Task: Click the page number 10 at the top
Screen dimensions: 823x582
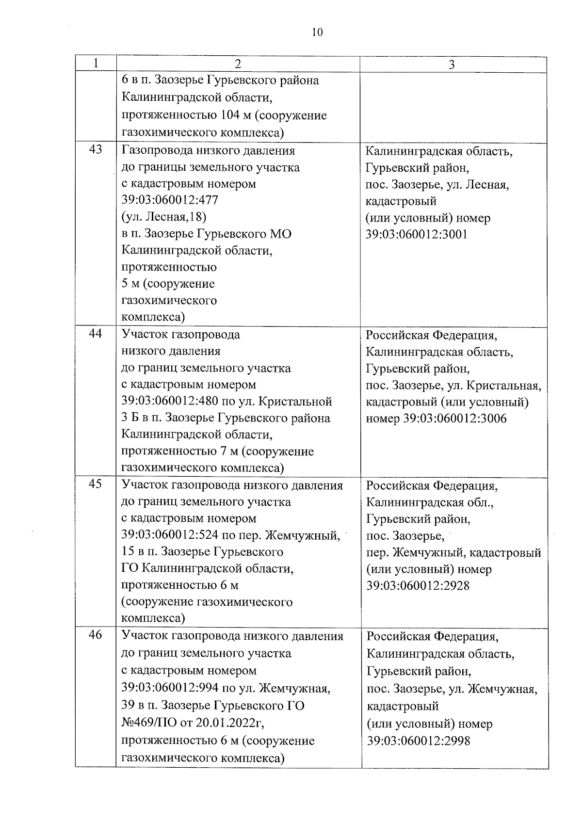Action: [316, 32]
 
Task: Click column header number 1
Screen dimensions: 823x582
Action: [96, 64]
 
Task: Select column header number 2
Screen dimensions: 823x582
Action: [238, 64]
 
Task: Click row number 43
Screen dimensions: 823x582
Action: [96, 149]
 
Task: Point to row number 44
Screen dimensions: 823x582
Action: [96, 334]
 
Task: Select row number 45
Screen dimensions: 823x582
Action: [96, 484]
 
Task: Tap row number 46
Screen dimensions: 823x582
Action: [96, 635]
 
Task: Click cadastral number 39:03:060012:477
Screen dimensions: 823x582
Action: [170, 200]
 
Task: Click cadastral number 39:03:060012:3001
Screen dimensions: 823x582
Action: [417, 235]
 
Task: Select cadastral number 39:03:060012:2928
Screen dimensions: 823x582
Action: [418, 586]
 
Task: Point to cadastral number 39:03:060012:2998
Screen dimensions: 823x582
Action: [418, 741]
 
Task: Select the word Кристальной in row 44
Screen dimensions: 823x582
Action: [295, 402]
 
